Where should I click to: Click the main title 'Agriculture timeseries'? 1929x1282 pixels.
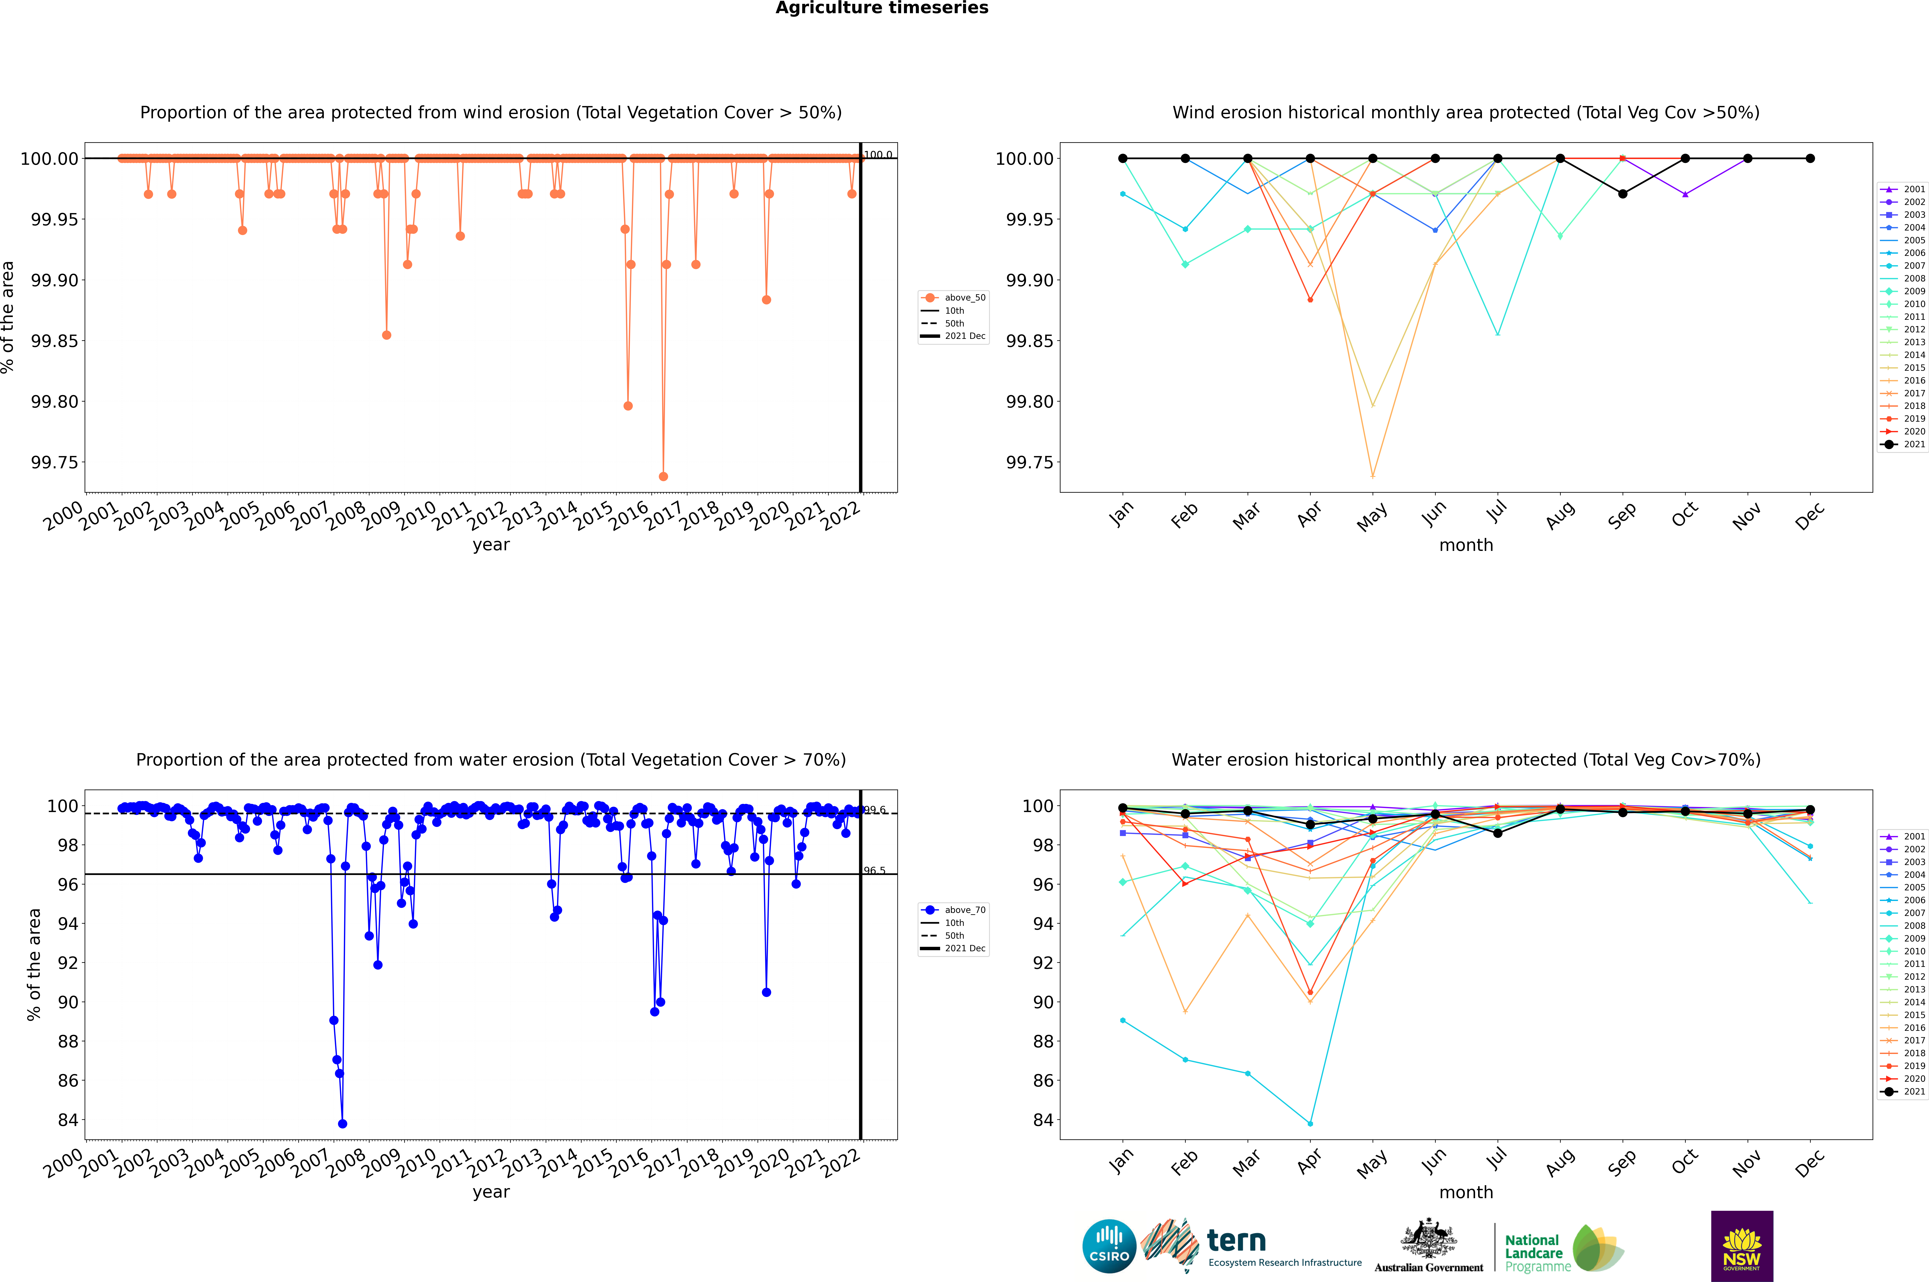tap(882, 8)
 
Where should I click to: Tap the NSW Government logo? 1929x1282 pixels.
tap(1742, 1246)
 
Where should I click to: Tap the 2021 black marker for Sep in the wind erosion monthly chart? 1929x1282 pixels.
tap(1622, 194)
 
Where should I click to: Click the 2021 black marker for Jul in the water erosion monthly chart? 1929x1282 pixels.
tap(1497, 833)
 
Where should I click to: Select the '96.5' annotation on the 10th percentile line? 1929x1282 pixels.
tap(874, 871)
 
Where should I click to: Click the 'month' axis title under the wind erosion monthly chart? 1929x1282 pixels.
tap(1465, 545)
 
